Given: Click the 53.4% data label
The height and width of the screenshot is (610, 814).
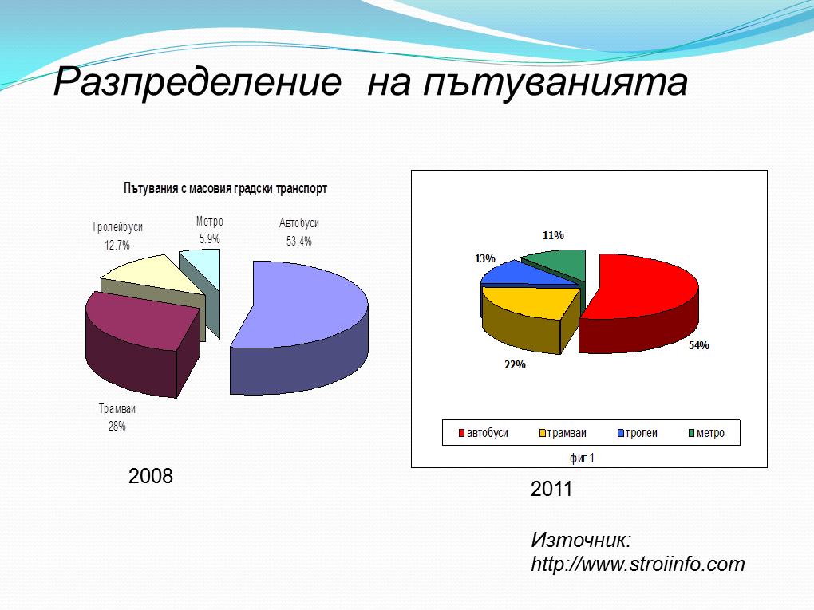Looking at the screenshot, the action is click(x=299, y=241).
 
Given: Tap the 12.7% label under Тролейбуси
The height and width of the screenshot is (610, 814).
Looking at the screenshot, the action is click(x=117, y=245).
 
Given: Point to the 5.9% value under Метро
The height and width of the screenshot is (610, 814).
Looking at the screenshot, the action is click(x=210, y=239).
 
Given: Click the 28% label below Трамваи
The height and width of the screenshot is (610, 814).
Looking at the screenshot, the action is click(x=117, y=427).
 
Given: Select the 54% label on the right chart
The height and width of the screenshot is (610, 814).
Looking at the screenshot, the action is click(x=699, y=345).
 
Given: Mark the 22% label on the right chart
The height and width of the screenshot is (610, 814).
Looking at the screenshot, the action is click(x=515, y=364).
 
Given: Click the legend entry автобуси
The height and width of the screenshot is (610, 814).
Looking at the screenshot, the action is click(x=484, y=433).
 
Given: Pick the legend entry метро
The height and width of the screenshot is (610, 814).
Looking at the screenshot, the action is click(x=706, y=433).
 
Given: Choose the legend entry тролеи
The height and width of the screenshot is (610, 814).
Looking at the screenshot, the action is click(x=638, y=433).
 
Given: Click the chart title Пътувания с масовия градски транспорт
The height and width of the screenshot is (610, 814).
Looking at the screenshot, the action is click(x=225, y=188).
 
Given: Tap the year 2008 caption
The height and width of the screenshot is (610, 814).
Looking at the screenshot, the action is click(x=151, y=476).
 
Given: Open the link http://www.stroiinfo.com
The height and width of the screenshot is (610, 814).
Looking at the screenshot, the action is click(x=638, y=564).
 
